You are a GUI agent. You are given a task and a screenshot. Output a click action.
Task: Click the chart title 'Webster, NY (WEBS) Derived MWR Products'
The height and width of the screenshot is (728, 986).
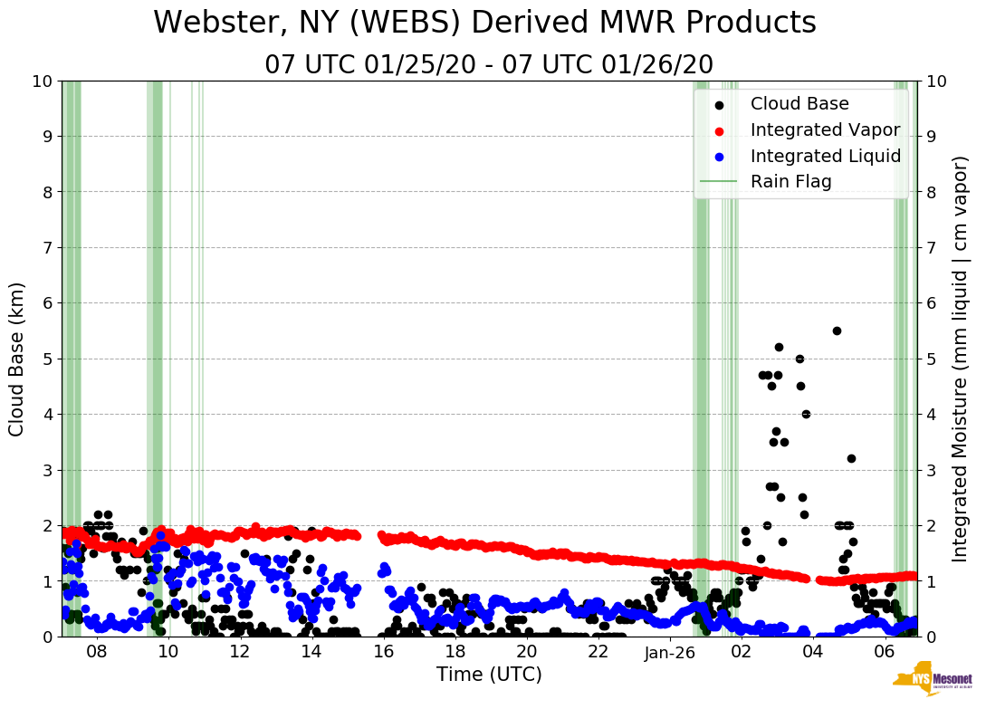pos(484,23)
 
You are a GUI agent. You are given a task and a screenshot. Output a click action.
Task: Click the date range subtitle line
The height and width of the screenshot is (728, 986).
pos(489,65)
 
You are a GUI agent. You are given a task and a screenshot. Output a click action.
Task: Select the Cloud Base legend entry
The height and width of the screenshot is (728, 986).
pos(786,104)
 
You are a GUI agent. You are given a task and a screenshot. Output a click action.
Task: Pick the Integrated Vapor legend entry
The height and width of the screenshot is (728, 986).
pos(825,130)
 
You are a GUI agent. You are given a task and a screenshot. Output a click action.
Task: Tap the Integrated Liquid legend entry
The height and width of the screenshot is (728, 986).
pos(825,156)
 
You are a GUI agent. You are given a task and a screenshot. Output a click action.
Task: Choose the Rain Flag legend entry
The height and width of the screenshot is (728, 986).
pos(790,182)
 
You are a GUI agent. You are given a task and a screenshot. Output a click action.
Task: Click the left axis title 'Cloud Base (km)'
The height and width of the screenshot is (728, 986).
pos(17,359)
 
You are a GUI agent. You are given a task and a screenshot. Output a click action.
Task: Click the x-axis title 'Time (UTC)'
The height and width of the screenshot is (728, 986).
pos(489,675)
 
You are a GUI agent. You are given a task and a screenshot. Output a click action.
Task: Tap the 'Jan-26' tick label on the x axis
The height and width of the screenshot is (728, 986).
pos(670,653)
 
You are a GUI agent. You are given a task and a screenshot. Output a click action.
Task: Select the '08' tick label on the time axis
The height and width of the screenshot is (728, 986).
pos(97,653)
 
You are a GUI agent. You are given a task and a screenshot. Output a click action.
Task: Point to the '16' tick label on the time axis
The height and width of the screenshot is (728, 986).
pos(383,653)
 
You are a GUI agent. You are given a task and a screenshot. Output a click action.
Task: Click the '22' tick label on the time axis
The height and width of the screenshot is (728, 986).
pos(598,653)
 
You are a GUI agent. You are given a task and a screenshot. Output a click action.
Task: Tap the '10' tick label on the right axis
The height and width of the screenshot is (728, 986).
pos(938,81)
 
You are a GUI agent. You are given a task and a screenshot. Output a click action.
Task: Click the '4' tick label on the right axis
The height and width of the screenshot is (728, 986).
pos(933,414)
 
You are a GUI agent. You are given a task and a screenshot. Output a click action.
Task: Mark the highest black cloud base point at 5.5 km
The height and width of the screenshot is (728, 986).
pos(837,330)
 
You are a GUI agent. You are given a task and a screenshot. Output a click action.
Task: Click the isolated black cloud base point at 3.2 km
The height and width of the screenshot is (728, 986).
pos(851,458)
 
